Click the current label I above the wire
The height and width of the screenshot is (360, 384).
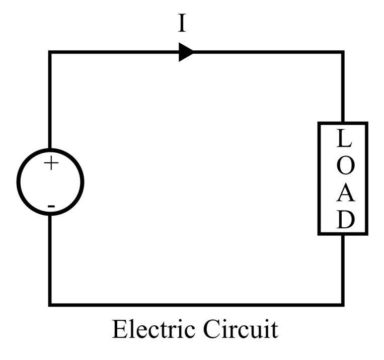[x=182, y=24]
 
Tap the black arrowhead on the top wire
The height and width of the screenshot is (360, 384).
[x=186, y=52]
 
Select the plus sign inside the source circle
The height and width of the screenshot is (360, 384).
[x=51, y=163]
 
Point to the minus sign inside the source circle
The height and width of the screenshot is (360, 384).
[x=51, y=206]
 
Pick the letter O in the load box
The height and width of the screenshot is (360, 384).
[x=343, y=167]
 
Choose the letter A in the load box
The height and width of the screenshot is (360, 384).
[x=343, y=194]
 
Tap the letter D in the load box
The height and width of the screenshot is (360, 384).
[x=343, y=220]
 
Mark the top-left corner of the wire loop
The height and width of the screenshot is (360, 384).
[x=50, y=52]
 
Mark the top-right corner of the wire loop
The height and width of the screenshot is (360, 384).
[x=343, y=52]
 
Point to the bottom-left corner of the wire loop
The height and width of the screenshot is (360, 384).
[x=50, y=304]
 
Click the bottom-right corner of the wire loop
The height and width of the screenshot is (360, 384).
[x=343, y=304]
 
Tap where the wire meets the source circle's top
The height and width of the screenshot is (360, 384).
[x=50, y=149]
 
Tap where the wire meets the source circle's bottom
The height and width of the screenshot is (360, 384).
[x=50, y=215]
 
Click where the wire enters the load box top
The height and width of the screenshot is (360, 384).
[x=343, y=123]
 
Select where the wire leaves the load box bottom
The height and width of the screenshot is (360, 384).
[x=343, y=234]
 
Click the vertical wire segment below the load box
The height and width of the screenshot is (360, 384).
[x=343, y=269]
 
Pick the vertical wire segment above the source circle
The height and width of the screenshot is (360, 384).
[x=50, y=101]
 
